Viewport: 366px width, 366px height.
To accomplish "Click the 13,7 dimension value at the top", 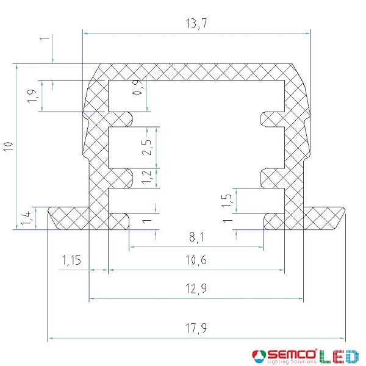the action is click(x=196, y=24).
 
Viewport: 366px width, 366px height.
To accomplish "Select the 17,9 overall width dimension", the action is click(x=196, y=328).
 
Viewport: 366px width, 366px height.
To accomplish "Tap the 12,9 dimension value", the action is click(x=196, y=289).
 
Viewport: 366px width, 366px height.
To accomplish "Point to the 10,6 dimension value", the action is click(x=196, y=260).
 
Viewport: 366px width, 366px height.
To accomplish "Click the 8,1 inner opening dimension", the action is click(x=196, y=237).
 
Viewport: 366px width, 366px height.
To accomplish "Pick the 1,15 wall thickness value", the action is click(x=71, y=260).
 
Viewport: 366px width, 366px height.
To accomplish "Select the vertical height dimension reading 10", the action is click(x=9, y=146).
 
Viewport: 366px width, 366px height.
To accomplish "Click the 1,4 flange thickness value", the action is click(x=26, y=218).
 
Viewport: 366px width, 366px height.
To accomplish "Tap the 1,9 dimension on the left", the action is click(x=32, y=96).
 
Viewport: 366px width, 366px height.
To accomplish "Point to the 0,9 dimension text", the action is click(x=137, y=87).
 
